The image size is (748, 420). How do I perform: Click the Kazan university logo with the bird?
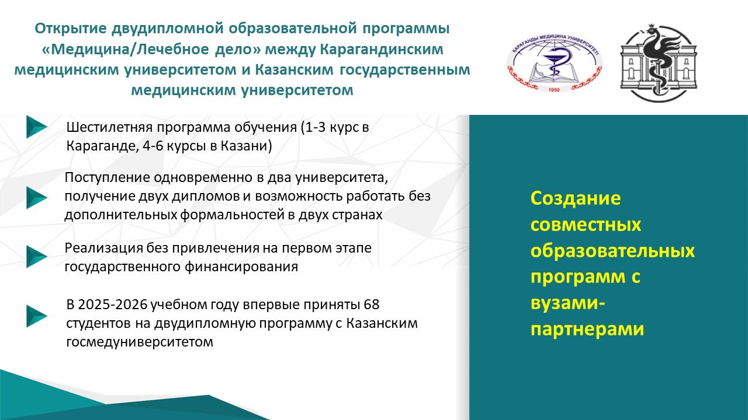(x=659, y=62)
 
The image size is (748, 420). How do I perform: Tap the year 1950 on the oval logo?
(x=554, y=90)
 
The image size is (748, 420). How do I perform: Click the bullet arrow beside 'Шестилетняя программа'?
(x=37, y=127)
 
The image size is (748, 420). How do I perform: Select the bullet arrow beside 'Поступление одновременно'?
(x=37, y=198)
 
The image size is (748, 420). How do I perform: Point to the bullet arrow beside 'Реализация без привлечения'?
(x=37, y=257)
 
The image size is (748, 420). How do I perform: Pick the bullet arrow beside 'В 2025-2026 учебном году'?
(x=37, y=316)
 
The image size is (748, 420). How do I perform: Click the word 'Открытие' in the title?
(x=71, y=29)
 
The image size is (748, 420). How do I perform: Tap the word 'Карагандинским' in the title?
(x=382, y=50)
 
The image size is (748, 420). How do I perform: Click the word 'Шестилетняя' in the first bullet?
(x=109, y=127)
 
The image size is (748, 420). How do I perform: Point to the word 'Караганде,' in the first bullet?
(x=102, y=146)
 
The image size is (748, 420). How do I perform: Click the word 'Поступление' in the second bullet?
(x=107, y=177)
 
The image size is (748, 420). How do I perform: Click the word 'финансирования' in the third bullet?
(x=241, y=267)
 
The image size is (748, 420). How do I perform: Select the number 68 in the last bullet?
(x=372, y=304)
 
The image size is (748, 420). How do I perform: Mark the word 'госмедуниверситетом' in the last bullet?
(x=140, y=342)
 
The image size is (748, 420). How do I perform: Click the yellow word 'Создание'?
(x=576, y=198)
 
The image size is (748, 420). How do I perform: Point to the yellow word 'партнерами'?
(x=587, y=330)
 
